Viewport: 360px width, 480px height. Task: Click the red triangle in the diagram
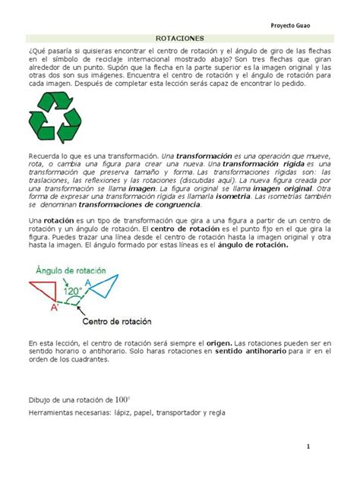pos(43,292)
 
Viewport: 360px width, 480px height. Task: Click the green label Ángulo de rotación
pos(69,269)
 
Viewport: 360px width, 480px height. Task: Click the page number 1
pos(310,447)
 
